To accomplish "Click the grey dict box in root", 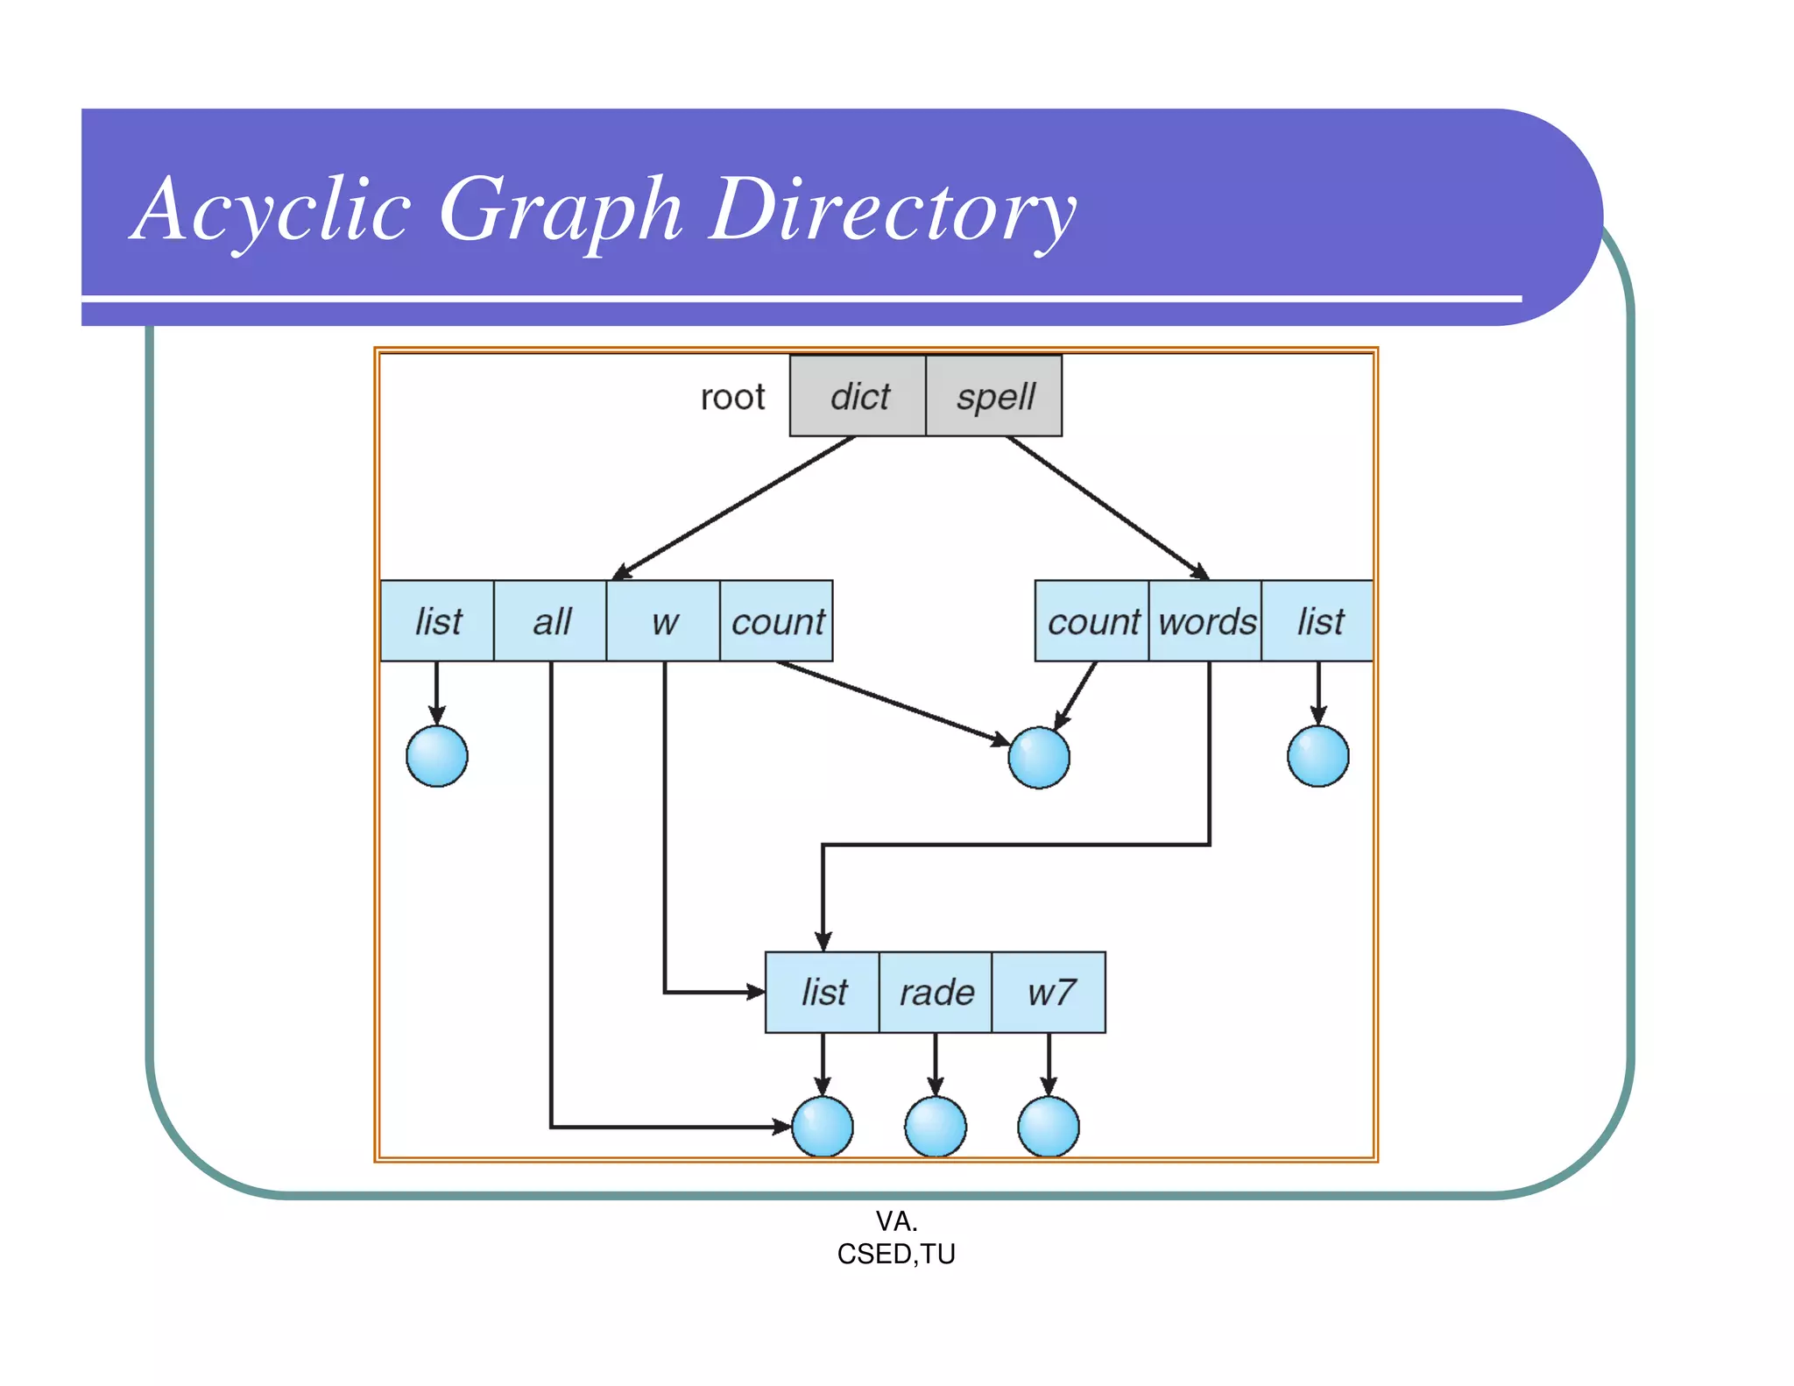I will [858, 396].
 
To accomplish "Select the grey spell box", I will [994, 396].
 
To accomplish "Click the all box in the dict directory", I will [550, 621].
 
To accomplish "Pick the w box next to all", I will [663, 621].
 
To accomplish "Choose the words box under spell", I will [1205, 621].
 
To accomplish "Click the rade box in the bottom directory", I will [936, 993].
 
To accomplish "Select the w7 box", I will [1049, 993].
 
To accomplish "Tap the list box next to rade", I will [823, 993].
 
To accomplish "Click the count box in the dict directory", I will [776, 621].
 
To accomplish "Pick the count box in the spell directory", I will [1092, 621].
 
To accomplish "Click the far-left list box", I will [437, 621].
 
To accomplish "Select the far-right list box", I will [1318, 621].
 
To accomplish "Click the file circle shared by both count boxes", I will [1039, 758].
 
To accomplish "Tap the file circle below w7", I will [1049, 1127].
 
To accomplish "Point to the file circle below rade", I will [936, 1127].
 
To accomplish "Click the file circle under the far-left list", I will [437, 756].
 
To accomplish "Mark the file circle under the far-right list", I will [1318, 756].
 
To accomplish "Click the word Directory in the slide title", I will [892, 210].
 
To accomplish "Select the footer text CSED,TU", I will [896, 1254].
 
